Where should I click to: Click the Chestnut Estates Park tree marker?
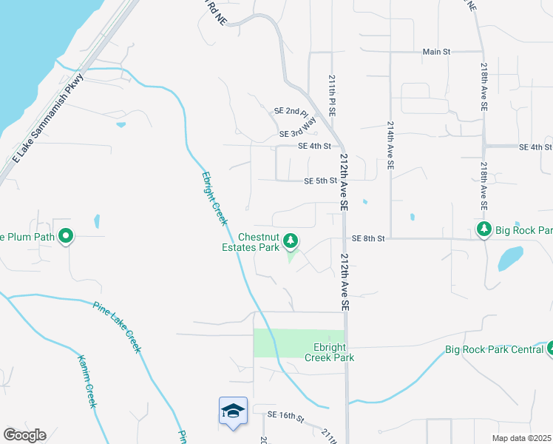[x=291, y=240]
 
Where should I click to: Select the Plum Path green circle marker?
[x=66, y=237]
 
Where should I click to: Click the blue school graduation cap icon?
[x=233, y=410]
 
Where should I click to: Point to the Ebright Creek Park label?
[x=330, y=352]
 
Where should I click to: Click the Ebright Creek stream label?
[x=215, y=199]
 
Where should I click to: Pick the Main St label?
[x=436, y=52]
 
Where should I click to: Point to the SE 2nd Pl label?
[x=290, y=111]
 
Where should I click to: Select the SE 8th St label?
[x=369, y=238]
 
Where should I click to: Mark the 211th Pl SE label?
[x=333, y=95]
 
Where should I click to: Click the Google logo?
[x=24, y=435]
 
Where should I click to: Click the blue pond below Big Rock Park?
[x=509, y=258]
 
